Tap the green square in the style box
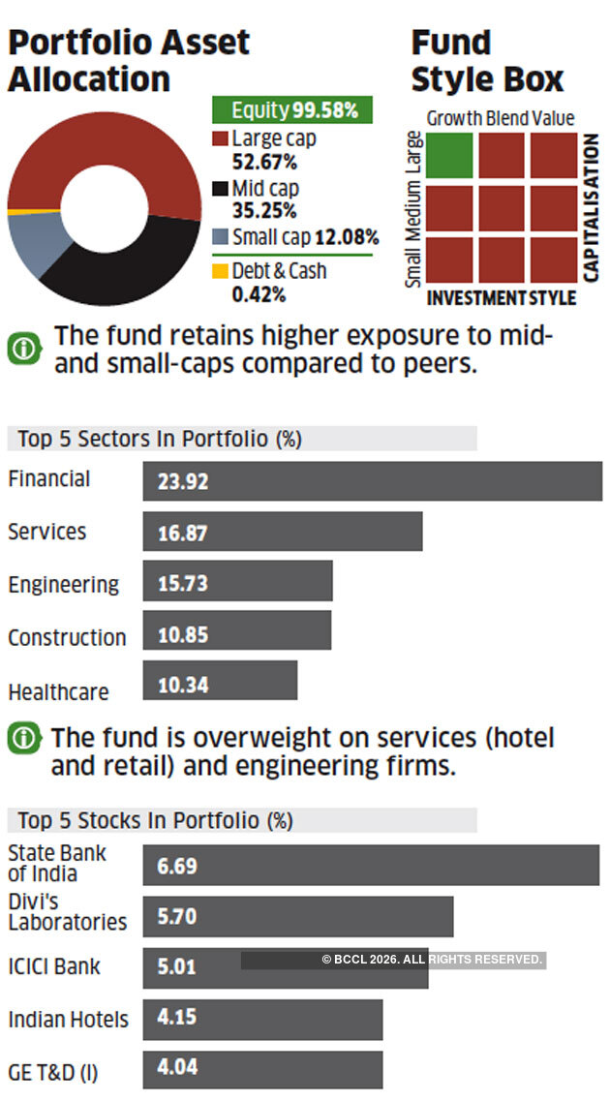tap(449, 155)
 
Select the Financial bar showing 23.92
tap(372, 480)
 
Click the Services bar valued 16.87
tap(282, 532)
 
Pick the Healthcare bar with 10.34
tap(220, 681)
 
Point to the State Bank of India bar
tap(371, 865)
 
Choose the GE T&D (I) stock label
tap(53, 1073)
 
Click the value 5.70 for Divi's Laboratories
tap(177, 916)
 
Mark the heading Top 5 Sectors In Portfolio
tap(160, 439)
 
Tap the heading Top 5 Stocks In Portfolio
tap(155, 820)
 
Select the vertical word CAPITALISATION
tap(591, 207)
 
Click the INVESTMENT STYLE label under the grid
tap(501, 297)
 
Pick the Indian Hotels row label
tap(68, 1020)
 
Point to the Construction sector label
tap(67, 637)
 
